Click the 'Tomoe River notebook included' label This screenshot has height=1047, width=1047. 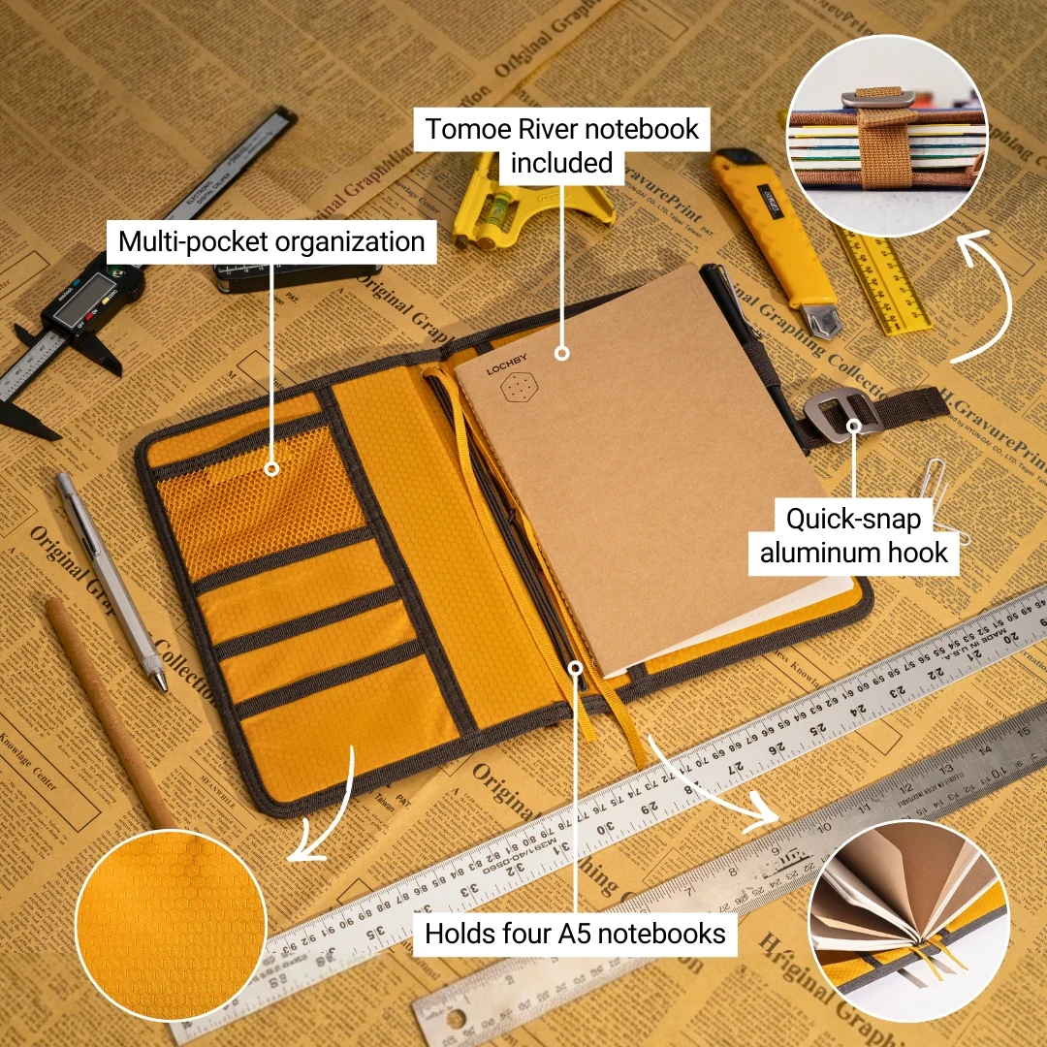pos(561,145)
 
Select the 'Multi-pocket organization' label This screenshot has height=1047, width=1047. pos(271,241)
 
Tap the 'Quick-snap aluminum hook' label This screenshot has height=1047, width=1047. pos(853,536)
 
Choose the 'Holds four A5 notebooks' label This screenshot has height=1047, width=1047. pos(576,934)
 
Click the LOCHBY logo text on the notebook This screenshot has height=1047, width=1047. pos(504,369)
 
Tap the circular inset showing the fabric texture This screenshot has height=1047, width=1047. pos(170,925)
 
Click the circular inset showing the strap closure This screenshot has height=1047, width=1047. pos(886,135)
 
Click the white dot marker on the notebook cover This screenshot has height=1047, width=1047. pos(561,354)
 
